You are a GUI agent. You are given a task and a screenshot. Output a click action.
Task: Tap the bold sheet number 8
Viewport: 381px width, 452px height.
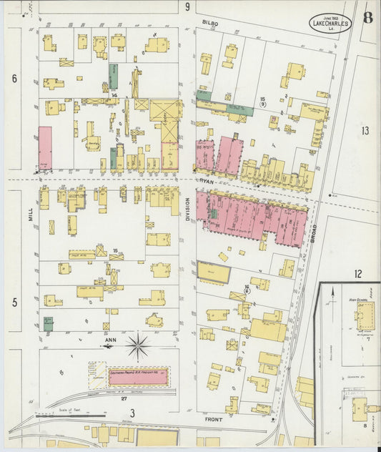[x=367, y=17]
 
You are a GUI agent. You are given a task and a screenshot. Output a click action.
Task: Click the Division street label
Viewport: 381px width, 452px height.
[x=189, y=213]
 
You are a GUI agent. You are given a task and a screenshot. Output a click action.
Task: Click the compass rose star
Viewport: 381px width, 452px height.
[x=138, y=348]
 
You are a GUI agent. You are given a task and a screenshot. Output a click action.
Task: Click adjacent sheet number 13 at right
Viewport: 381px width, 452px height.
[x=365, y=130]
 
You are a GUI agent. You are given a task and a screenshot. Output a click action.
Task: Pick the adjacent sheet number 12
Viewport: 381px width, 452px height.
[x=357, y=273]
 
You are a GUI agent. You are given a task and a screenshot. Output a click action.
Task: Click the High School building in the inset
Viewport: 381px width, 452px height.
[x=365, y=315]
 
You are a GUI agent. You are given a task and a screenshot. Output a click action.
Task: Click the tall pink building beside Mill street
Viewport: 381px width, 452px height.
[x=45, y=149]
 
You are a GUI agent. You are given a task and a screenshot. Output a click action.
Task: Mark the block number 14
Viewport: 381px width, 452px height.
[x=114, y=95]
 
